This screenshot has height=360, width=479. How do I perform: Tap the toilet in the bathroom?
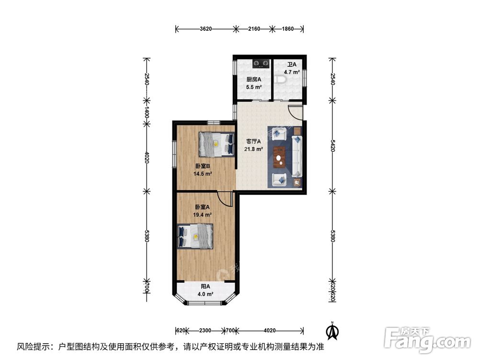click(280, 80)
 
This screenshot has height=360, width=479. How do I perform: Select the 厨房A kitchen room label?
click(254, 79)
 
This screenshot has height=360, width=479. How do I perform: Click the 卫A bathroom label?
click(292, 65)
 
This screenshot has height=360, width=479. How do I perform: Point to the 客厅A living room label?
click(253, 142)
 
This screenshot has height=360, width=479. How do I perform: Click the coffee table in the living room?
click(279, 157)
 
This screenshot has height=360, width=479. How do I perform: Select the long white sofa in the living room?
click(297, 156)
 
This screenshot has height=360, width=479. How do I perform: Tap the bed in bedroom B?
click(217, 144)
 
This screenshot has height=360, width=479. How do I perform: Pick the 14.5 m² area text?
click(203, 174)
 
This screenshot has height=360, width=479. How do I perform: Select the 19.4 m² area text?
click(203, 215)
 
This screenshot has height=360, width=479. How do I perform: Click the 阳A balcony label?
click(205, 287)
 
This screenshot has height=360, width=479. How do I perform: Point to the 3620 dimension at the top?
click(205, 29)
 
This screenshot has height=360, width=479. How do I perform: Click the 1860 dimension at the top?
click(287, 29)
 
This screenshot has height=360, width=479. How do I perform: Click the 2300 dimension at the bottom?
click(205, 330)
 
